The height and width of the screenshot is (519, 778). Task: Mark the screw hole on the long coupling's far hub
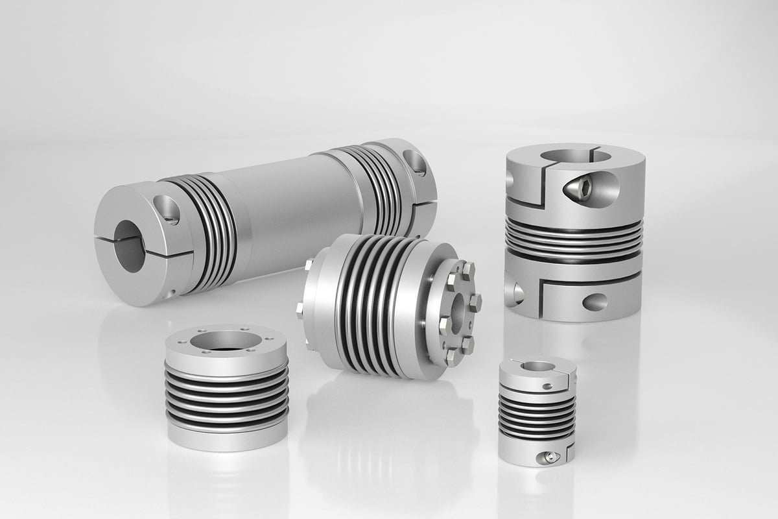click(x=414, y=162)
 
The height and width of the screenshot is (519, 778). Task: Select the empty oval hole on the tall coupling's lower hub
click(x=595, y=302)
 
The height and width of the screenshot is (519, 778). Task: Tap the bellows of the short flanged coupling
click(x=226, y=396)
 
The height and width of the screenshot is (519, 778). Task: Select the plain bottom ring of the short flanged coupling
click(x=226, y=438)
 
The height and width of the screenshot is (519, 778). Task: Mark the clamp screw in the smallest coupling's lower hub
click(x=550, y=457)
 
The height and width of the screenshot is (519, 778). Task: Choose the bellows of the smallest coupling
click(x=536, y=415)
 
